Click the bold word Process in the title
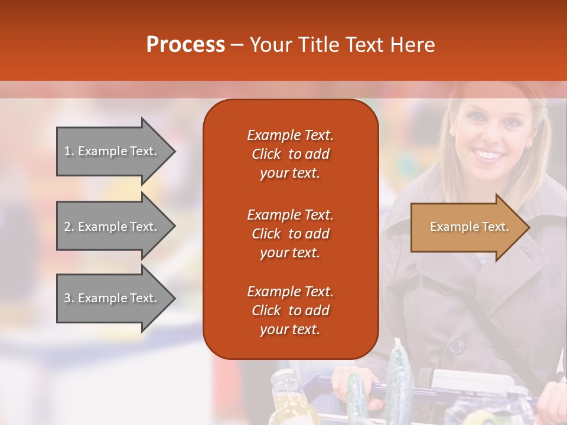(185, 45)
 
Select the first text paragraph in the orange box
(290, 154)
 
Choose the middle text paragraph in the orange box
(290, 234)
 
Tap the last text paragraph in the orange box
(290, 310)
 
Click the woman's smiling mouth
(488, 155)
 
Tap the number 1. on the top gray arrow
(69, 151)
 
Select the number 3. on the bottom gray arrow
(69, 298)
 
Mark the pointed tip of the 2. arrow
(174, 227)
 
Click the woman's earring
(529, 143)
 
